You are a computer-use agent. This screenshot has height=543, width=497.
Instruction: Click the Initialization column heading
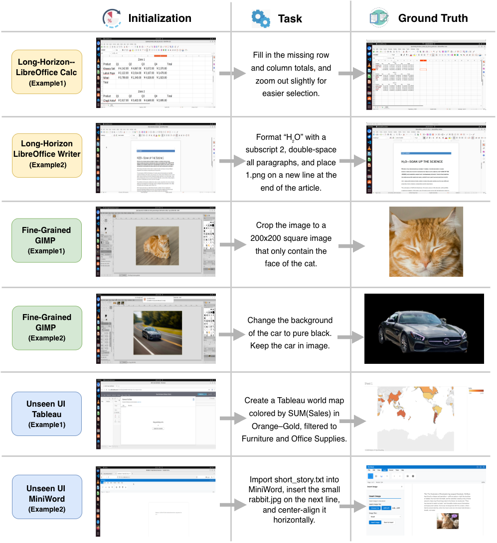click(x=160, y=18)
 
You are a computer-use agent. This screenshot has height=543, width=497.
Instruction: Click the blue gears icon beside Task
click(x=260, y=18)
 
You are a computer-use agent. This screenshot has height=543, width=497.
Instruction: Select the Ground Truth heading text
click(x=433, y=18)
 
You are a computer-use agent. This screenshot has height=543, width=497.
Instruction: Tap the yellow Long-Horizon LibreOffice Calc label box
click(x=47, y=72)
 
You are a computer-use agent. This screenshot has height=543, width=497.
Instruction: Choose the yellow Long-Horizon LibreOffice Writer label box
click(x=47, y=154)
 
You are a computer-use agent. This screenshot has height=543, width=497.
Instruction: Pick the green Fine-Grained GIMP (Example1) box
click(x=46, y=240)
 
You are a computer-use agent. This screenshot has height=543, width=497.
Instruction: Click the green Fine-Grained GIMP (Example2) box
click(x=46, y=327)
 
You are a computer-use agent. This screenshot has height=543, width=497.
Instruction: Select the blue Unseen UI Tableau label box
click(x=47, y=414)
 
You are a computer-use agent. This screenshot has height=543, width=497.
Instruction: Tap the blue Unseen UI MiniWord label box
click(x=47, y=499)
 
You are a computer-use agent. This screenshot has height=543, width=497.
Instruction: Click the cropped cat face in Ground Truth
click(x=426, y=241)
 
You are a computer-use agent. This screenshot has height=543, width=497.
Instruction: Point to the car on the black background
click(x=424, y=329)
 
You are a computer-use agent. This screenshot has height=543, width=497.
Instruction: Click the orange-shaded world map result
click(x=414, y=416)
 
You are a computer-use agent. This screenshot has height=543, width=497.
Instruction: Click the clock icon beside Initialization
click(x=111, y=18)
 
